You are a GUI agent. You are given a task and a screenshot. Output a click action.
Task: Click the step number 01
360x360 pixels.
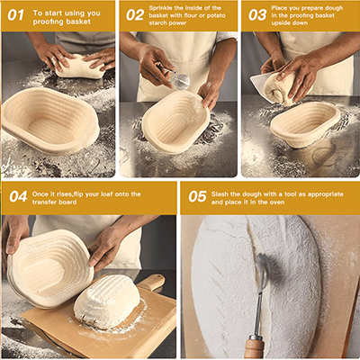(16, 15)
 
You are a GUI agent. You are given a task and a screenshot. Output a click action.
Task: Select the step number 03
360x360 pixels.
(256, 15)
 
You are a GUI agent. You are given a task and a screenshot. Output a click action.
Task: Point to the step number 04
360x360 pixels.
(18, 196)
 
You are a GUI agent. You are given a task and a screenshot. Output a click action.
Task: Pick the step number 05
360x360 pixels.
(197, 196)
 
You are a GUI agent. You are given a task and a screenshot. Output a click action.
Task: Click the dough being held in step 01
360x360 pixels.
(81, 66)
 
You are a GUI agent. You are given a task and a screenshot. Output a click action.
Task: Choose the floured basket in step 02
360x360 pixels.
(175, 121)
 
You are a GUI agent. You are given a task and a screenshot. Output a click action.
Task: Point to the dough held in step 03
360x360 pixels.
(278, 88)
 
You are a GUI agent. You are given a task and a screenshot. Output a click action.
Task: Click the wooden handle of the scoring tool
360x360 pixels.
(256, 346)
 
